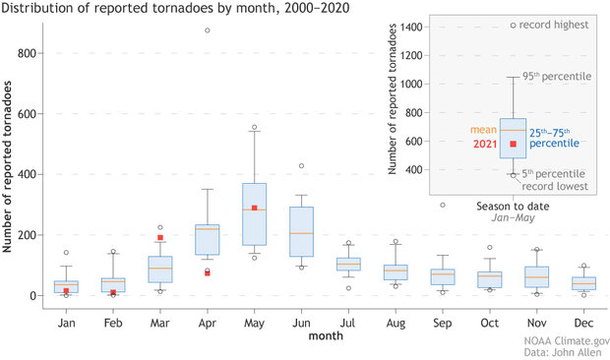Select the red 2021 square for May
(254, 208)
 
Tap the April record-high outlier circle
(207, 30)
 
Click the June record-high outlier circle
(301, 165)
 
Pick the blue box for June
(301, 231)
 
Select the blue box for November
(536, 276)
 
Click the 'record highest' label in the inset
(556, 25)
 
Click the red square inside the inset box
(513, 145)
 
